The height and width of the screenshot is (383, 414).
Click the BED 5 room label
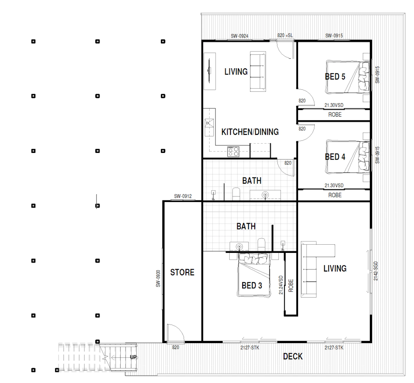click(x=335, y=77)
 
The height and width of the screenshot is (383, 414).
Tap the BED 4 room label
click(x=335, y=157)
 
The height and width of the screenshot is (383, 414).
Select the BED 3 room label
click(x=252, y=285)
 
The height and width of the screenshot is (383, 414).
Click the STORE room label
click(x=182, y=272)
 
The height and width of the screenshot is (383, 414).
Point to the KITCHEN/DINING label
click(x=250, y=132)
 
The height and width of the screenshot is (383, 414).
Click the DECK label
click(x=293, y=356)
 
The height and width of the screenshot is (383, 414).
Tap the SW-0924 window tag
click(x=240, y=36)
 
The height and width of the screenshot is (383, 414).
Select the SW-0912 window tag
click(x=183, y=196)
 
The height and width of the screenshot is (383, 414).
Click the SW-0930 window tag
click(x=158, y=279)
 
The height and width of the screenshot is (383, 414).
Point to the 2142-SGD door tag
click(x=376, y=271)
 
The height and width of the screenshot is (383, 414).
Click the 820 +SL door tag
click(x=285, y=35)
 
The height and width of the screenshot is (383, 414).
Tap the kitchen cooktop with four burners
click(x=233, y=152)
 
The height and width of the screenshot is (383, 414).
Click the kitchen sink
click(x=209, y=127)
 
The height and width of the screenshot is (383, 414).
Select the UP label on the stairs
click(x=133, y=357)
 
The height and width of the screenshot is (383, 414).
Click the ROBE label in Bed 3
click(x=291, y=286)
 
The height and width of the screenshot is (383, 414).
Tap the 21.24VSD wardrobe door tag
click(x=281, y=285)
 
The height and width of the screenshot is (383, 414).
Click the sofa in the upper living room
click(x=258, y=72)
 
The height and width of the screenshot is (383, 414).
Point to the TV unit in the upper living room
click(x=210, y=71)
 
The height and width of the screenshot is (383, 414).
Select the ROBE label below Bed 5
click(x=335, y=115)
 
